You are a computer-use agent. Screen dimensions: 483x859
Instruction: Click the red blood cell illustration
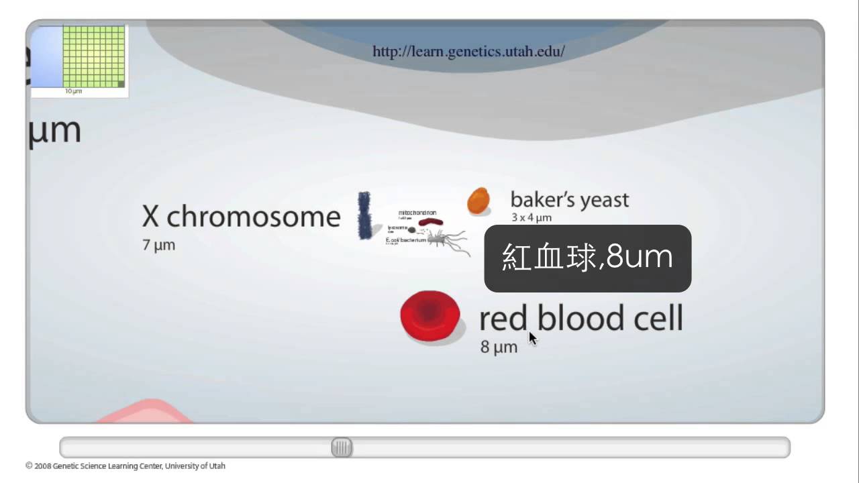pyautogui.click(x=430, y=317)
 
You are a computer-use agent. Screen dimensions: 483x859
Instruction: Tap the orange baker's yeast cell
pyautogui.click(x=478, y=201)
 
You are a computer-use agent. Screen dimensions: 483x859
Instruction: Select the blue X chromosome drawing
pyautogui.click(x=365, y=215)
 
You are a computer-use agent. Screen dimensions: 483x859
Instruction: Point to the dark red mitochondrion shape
pyautogui.click(x=431, y=221)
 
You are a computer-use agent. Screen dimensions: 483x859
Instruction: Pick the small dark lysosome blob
pyautogui.click(x=412, y=230)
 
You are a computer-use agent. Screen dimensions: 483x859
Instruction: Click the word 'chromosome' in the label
pyautogui.click(x=253, y=217)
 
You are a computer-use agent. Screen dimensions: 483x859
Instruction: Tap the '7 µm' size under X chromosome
pyautogui.click(x=158, y=246)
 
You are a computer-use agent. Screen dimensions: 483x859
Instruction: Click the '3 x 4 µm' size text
pyautogui.click(x=532, y=217)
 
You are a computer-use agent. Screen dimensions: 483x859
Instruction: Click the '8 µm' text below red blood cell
pyautogui.click(x=499, y=347)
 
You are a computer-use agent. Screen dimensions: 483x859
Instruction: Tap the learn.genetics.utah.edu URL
pyautogui.click(x=468, y=51)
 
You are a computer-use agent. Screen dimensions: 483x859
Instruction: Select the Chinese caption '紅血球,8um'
pyautogui.click(x=587, y=258)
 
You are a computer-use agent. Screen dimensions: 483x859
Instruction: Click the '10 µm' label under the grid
pyautogui.click(x=73, y=91)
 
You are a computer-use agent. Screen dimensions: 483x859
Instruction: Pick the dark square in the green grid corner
pyautogui.click(x=121, y=84)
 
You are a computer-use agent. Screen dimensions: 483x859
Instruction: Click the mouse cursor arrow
pyautogui.click(x=532, y=338)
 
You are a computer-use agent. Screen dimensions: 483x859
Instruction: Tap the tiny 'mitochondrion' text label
pyautogui.click(x=417, y=213)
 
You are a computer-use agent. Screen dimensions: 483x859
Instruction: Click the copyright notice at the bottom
pyautogui.click(x=125, y=466)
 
